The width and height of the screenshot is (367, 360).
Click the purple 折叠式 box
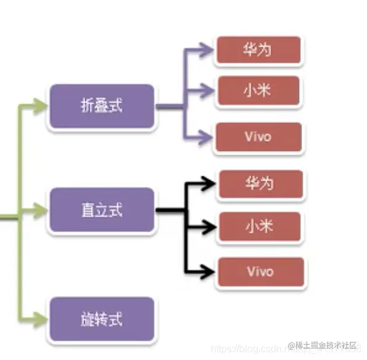pyautogui.click(x=101, y=106)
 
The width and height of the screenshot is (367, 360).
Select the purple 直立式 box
pyautogui.click(x=101, y=210)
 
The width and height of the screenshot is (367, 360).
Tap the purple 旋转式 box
pyautogui.click(x=101, y=319)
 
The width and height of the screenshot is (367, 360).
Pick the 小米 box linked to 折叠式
pyautogui.click(x=258, y=91)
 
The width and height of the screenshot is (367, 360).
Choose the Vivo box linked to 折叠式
pyautogui.click(x=258, y=137)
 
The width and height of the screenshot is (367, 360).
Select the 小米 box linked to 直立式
pyautogui.click(x=260, y=227)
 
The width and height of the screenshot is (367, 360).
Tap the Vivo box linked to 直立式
pyautogui.click(x=260, y=272)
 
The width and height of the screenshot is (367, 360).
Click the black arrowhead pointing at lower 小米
pyautogui.click(x=210, y=227)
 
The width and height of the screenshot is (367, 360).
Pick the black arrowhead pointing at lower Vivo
pyautogui.click(x=210, y=272)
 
